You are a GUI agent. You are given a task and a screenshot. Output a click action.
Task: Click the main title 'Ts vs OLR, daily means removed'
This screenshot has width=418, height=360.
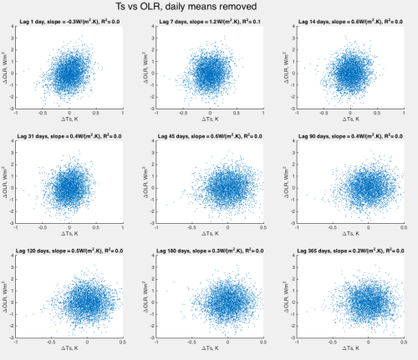point(209,8)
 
